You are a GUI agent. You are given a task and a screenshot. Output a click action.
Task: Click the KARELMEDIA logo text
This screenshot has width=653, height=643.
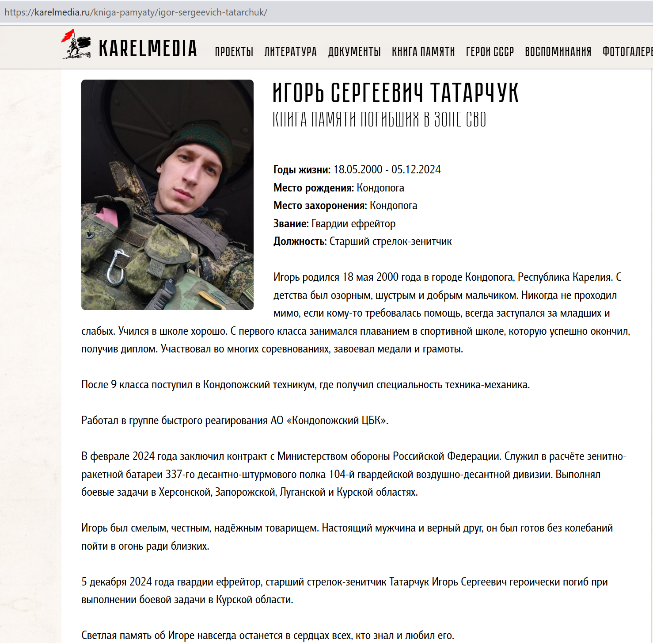coord(148,49)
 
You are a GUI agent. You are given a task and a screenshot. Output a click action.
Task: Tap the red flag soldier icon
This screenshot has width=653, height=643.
coord(76,44)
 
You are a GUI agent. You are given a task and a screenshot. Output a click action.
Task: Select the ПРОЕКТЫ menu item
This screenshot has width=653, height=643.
coord(234,52)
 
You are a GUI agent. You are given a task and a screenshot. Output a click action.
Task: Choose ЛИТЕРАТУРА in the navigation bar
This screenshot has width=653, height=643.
coord(290,52)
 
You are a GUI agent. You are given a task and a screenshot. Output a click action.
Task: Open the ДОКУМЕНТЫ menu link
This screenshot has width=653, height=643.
coord(354,52)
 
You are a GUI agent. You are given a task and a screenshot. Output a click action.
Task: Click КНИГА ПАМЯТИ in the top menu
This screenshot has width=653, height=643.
coord(423,52)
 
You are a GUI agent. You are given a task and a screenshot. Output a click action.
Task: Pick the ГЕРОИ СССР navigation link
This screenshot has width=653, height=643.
coord(490,52)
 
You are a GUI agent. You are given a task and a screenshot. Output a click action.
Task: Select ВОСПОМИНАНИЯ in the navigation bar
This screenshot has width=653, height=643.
coord(558,52)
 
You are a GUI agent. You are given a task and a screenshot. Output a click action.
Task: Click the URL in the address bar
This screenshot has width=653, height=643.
coord(136,12)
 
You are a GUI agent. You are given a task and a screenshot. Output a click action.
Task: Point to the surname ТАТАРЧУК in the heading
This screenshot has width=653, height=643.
coord(474,93)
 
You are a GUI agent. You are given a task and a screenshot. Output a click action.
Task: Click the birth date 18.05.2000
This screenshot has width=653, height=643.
coord(358,169)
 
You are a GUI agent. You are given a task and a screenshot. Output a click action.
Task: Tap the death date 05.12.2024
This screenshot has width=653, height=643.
coord(416,169)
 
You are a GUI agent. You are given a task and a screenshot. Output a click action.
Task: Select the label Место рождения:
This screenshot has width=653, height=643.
coord(313,188)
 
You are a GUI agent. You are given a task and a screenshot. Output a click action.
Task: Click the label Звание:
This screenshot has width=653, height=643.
coord(291,224)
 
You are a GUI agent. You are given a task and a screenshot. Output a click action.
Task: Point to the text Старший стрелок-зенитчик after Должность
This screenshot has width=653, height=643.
coord(391,241)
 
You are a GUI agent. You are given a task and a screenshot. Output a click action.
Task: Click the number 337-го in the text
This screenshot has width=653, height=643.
coord(180,475)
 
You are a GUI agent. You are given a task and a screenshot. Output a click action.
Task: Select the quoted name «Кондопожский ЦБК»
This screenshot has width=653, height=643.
coord(338,420)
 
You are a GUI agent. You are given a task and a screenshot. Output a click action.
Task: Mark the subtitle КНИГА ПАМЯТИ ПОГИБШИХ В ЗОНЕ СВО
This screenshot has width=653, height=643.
coord(379,120)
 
